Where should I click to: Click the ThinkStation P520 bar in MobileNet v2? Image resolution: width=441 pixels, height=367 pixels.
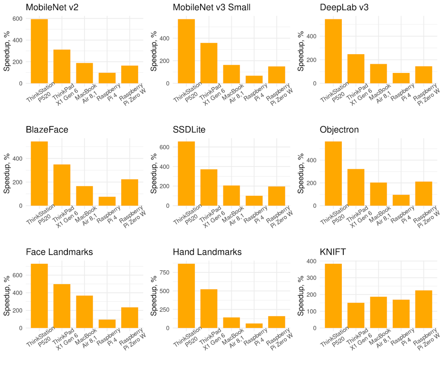coord(39,51)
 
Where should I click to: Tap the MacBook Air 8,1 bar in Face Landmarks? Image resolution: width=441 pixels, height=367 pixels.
coord(85,312)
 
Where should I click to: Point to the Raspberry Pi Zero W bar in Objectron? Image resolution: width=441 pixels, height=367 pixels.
coord(423,193)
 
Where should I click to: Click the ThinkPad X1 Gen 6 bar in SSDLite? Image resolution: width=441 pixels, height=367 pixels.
coord(209,187)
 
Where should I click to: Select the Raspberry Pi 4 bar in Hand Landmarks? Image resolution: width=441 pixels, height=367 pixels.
coord(254,325)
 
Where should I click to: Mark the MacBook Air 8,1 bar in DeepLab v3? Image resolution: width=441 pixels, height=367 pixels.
coord(379,73)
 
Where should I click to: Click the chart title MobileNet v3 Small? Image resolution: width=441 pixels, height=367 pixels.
coord(212,7)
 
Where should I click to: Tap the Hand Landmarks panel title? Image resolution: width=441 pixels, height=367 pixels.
coord(207,252)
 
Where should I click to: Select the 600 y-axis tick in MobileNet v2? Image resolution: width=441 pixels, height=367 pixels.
coord(17,19)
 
